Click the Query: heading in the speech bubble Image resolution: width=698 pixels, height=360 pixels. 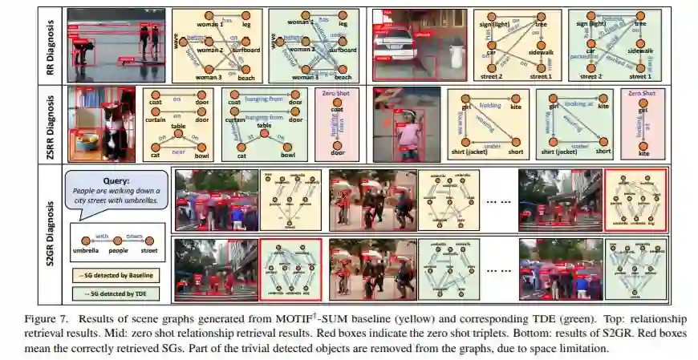116,181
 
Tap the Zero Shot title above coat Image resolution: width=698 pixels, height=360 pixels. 332,95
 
